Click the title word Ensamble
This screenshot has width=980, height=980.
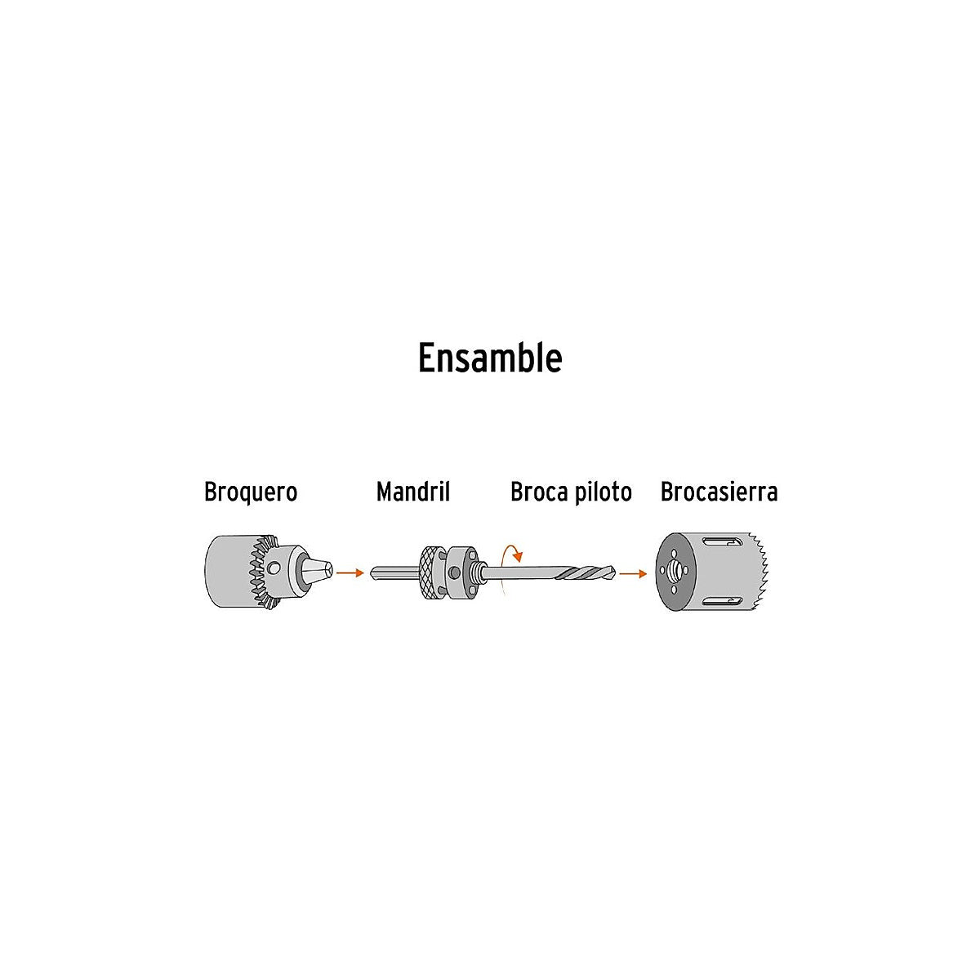click(x=490, y=358)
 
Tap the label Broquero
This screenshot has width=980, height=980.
click(x=251, y=492)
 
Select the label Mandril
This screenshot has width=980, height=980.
click(x=413, y=492)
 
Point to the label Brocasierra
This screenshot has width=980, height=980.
click(x=719, y=492)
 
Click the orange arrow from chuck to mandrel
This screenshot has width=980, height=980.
click(x=350, y=573)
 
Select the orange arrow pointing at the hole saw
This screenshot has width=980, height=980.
click(x=633, y=573)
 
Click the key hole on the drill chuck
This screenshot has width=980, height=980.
click(x=275, y=568)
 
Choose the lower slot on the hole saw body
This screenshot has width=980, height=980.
click(x=721, y=602)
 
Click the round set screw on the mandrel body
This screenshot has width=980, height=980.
click(x=454, y=573)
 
